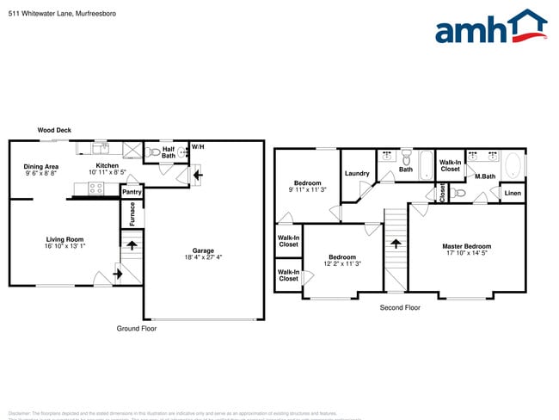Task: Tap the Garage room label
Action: (x=203, y=250)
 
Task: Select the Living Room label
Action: (x=64, y=239)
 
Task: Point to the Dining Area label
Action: (x=40, y=166)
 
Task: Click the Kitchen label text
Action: (x=107, y=165)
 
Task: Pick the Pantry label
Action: (x=132, y=192)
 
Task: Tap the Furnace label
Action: (x=132, y=214)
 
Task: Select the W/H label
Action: (x=198, y=147)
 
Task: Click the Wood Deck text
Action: (x=54, y=130)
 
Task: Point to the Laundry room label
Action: (x=357, y=174)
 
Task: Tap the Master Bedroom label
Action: (x=466, y=246)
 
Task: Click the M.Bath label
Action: (x=485, y=176)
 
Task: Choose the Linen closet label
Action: (x=512, y=194)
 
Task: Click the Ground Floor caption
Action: (x=137, y=328)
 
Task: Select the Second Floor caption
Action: (x=400, y=307)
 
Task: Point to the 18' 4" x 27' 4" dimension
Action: (x=203, y=257)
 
